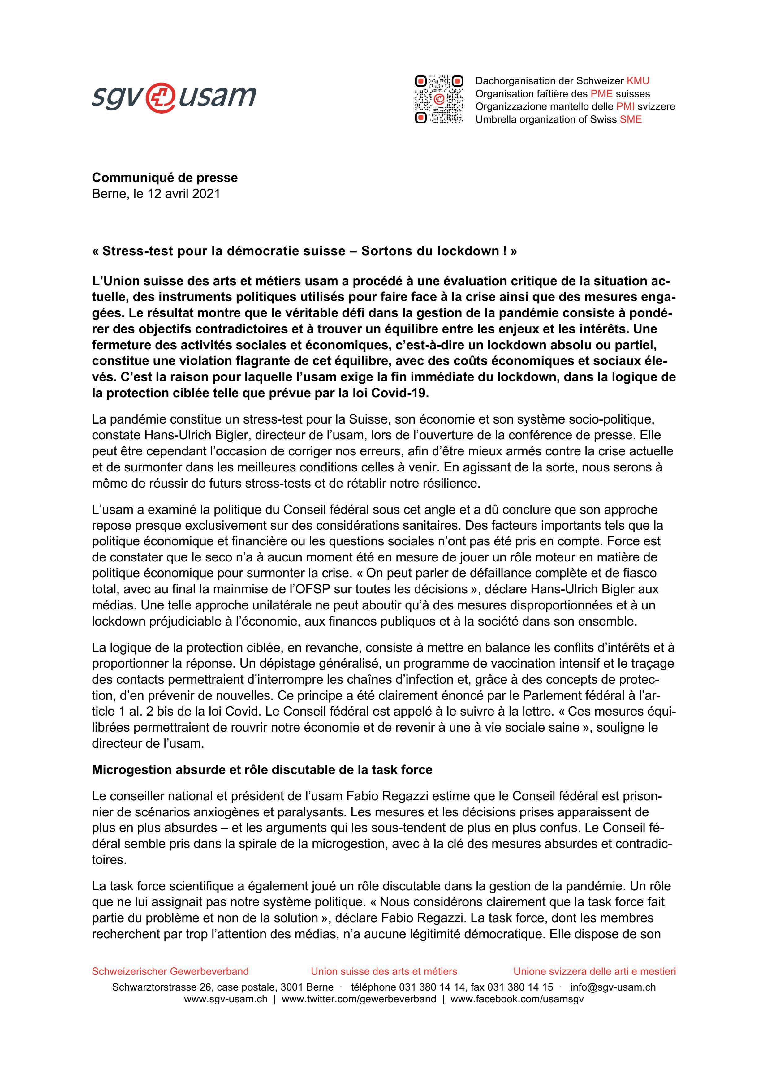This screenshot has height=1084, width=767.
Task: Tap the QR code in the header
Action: [439, 100]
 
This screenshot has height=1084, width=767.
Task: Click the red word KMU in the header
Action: [638, 81]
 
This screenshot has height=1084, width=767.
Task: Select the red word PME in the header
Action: [601, 93]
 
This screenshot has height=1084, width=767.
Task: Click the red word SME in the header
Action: [631, 119]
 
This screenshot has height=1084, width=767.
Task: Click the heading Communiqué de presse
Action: [165, 178]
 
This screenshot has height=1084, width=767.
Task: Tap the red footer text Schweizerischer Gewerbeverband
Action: [170, 971]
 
